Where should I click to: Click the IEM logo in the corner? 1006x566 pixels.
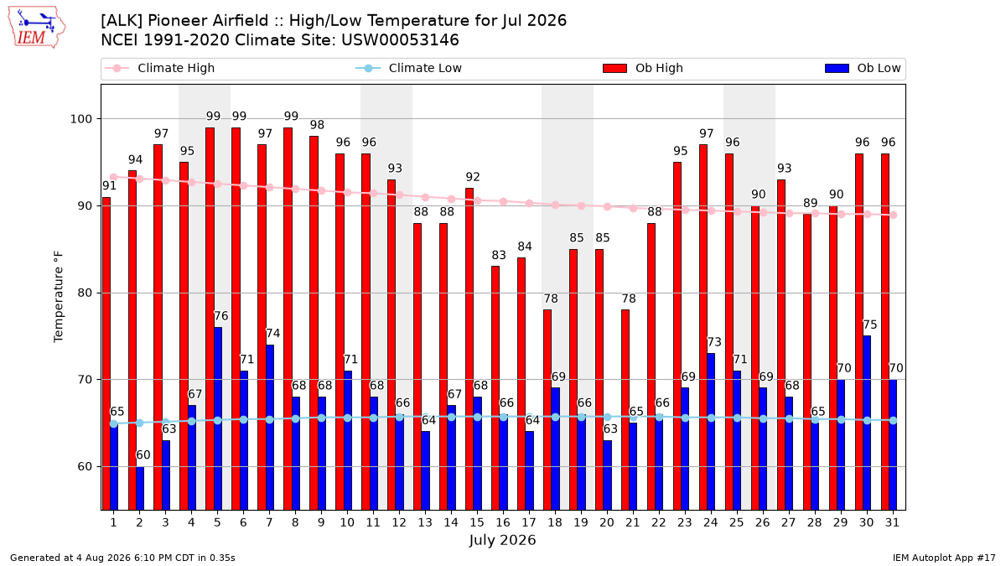[37, 28]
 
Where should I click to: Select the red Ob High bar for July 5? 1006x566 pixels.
[210, 319]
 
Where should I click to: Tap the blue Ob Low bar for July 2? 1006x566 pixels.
[140, 489]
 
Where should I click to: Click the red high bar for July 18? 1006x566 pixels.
[547, 410]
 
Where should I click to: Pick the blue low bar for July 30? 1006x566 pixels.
[867, 423]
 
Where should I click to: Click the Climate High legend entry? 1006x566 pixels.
[160, 68]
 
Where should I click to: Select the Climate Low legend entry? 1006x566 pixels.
[409, 68]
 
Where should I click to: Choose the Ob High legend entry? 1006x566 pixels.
[643, 68]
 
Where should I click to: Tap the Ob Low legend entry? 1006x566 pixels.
[863, 68]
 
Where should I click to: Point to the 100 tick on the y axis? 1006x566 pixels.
[80, 119]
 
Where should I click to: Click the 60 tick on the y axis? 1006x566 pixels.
[86, 467]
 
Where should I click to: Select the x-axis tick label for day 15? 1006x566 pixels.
[477, 523]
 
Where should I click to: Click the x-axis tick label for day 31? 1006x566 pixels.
[892, 523]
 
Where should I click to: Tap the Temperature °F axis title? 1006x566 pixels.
[59, 297]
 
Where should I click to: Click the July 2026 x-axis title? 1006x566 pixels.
[502, 540]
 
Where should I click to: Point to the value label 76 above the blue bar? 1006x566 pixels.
[221, 316]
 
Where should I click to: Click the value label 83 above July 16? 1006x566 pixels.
[499, 255]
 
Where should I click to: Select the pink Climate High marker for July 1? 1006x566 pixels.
[114, 178]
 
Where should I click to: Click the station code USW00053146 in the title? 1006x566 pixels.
[400, 40]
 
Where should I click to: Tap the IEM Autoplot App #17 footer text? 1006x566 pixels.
[944, 558]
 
